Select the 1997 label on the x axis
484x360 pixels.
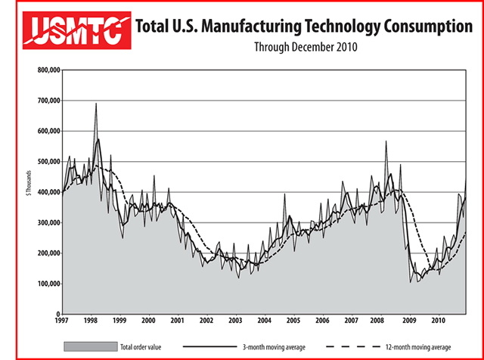(x=61, y=321)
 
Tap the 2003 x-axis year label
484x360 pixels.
(x=235, y=321)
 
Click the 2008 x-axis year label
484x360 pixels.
(x=380, y=321)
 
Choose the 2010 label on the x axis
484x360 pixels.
(x=438, y=321)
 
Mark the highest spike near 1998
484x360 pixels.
(x=96, y=104)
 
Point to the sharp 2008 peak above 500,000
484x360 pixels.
(x=386, y=141)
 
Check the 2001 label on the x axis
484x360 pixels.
(x=177, y=321)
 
